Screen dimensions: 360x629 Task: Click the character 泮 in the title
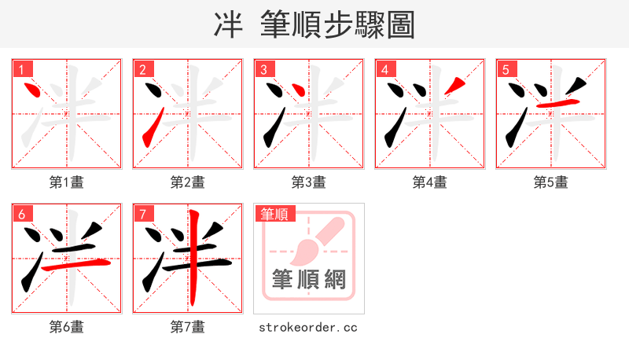pyautogui.click(x=229, y=25)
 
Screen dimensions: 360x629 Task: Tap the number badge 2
pyautogui.click(x=142, y=69)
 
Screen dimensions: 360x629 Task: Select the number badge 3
pyautogui.click(x=263, y=69)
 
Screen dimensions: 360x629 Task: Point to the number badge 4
pyautogui.click(x=384, y=69)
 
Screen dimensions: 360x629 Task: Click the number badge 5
pyautogui.click(x=506, y=69)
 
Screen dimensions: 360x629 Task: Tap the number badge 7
pyautogui.click(x=142, y=214)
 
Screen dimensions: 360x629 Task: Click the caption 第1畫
pyautogui.click(x=66, y=182)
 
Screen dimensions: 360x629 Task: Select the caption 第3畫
pyautogui.click(x=308, y=182)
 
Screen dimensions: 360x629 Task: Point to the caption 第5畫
pyautogui.click(x=550, y=182)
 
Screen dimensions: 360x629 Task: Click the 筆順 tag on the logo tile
pyautogui.click(x=274, y=214)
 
